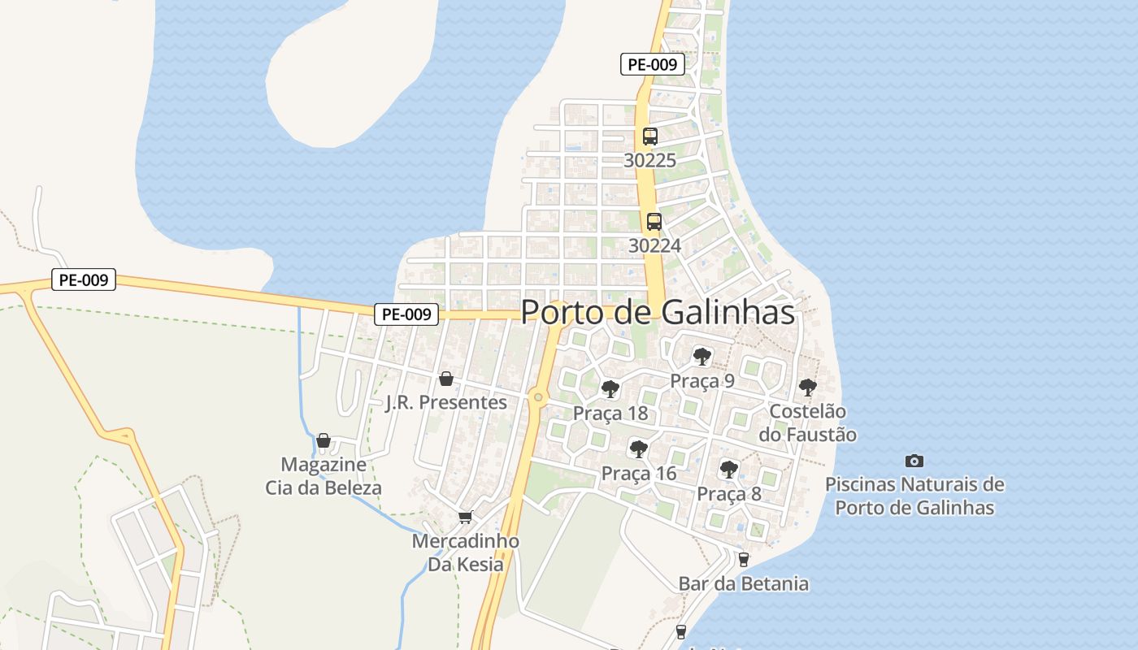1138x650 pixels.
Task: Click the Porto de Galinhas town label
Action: coord(657,312)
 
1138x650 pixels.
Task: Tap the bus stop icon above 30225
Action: coord(649,136)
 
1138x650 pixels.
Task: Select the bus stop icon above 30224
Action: coord(654,222)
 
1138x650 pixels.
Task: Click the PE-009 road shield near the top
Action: coord(652,64)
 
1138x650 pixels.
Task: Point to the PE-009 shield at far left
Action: coord(84,280)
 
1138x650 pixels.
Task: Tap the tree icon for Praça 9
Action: coord(701,356)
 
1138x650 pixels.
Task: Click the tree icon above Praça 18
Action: coord(610,389)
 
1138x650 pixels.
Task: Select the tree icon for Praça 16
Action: coord(639,448)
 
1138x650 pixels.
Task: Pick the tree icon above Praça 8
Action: coord(728,469)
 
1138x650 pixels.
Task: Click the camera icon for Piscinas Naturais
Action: coord(914,461)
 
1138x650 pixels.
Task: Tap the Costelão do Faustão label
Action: coord(807,422)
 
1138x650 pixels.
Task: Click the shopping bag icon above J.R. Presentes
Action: coord(445,379)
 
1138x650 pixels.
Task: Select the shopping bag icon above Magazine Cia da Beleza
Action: coord(324,440)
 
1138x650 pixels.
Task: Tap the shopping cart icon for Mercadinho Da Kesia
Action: coord(465,517)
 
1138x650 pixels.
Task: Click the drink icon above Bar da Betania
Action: coord(743,559)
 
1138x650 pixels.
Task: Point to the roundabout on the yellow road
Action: coord(536,396)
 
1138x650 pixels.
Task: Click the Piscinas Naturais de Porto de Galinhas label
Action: coord(914,496)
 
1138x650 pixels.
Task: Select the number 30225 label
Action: coord(649,161)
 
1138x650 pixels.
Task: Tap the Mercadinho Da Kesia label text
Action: coord(465,552)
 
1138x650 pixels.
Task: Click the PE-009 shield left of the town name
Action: coord(406,314)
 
